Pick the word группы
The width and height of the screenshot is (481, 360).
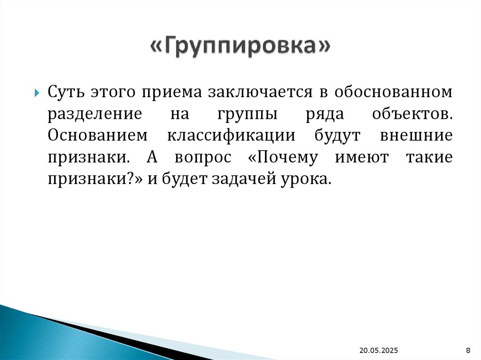click(x=247, y=115)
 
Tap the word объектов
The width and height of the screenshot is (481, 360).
click(x=411, y=114)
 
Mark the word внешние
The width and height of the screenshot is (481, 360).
click(x=416, y=136)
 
